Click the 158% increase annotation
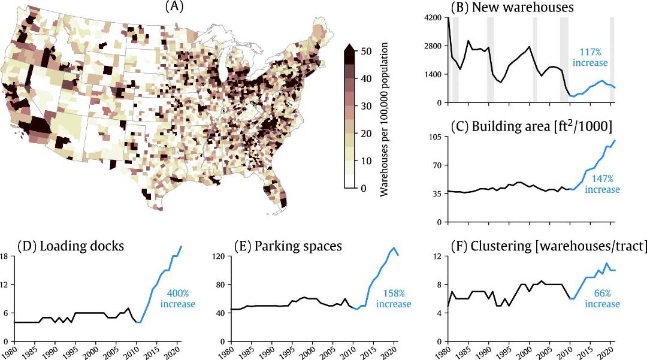pyautogui.click(x=394, y=299)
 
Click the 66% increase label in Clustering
pyautogui.click(x=601, y=299)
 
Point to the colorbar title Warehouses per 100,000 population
pyautogui.click(x=387, y=120)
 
